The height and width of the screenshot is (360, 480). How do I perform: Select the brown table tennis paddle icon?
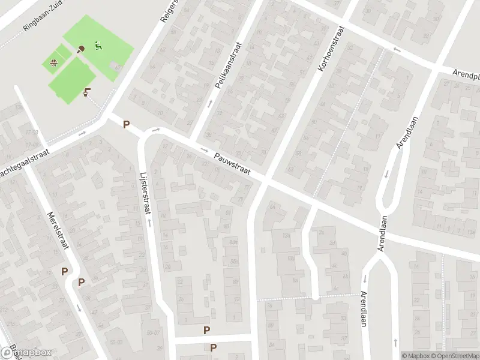(x=81, y=49)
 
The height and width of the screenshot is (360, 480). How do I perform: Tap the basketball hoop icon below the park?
(x=88, y=92)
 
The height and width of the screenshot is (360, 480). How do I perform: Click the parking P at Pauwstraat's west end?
(x=126, y=125)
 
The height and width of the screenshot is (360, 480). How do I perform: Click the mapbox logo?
(x=25, y=352)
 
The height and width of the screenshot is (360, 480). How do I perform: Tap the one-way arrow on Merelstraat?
(x=79, y=308)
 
